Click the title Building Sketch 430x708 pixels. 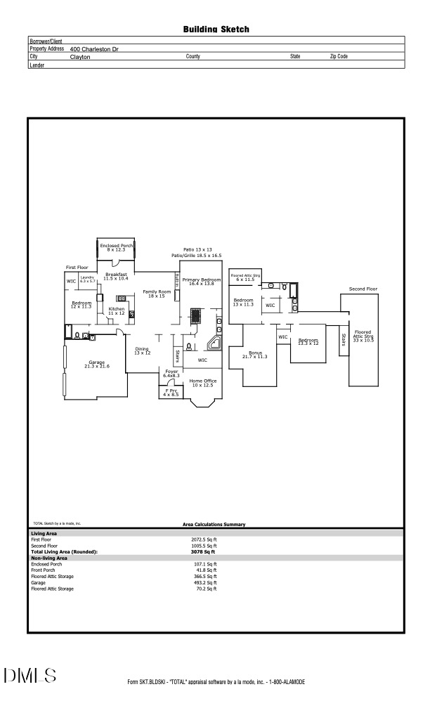pos(216,29)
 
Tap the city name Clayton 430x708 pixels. pos(80,57)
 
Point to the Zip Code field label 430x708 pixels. pos(339,56)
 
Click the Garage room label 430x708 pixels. pos(96,364)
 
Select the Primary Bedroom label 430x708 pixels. pos(202,281)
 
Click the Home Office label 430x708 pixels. pos(202,383)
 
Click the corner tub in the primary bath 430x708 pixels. pos(214,344)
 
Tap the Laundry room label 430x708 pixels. pos(87,279)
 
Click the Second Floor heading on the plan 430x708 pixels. pos(363,289)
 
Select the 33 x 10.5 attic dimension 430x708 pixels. pos(363,339)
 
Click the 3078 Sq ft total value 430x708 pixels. pos(200,552)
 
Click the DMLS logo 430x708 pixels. pos(30,676)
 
